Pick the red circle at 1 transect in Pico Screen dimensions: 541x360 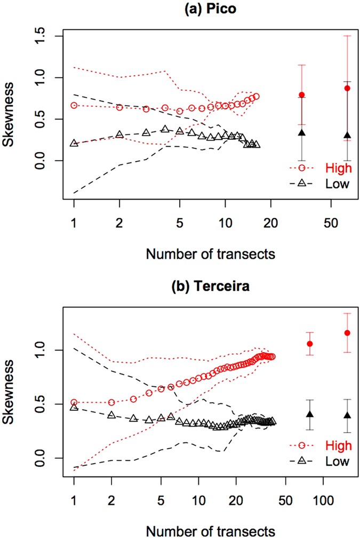74,105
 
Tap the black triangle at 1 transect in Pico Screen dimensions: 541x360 74,143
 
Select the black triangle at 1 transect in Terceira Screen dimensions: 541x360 74,407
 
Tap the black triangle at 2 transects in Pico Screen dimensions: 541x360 119,134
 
